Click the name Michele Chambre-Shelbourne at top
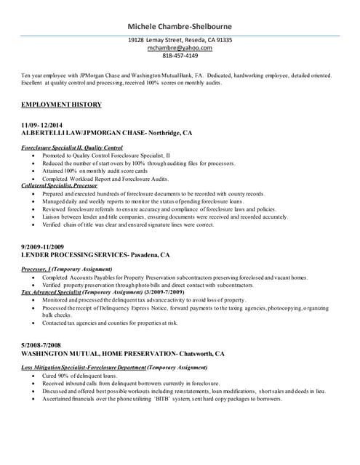[x=180, y=26]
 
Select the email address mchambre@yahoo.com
[x=180, y=48]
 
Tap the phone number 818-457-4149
[x=180, y=56]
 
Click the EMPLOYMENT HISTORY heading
[x=62, y=105]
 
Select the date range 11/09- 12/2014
[x=47, y=125]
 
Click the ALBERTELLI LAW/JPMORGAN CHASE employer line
[x=107, y=134]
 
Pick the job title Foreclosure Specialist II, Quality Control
[x=72, y=147]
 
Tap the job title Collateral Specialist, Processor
[x=60, y=186]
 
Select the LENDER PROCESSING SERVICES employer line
[x=95, y=256]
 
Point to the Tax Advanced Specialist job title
[x=103, y=292]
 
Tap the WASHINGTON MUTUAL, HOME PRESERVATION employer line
[x=123, y=353]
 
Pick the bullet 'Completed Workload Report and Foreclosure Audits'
[x=105, y=179]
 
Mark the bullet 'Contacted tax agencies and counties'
[x=110, y=323]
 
